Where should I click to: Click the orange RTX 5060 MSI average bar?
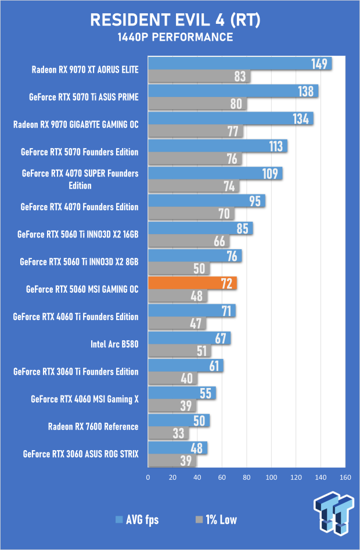[x=192, y=283]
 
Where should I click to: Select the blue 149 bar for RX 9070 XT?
[x=240, y=63]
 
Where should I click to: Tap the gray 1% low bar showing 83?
[x=199, y=76]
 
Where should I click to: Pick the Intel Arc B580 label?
[x=114, y=344]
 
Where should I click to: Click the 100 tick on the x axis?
[x=271, y=477]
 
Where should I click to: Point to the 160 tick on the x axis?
[x=345, y=477]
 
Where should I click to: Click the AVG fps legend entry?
[x=137, y=519]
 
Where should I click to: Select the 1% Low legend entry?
[x=216, y=519]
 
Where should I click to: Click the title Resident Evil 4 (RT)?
[x=175, y=20]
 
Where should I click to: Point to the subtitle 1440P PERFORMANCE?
[x=175, y=37]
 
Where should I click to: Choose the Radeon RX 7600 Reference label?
[x=93, y=426]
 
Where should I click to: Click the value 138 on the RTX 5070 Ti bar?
[x=305, y=91]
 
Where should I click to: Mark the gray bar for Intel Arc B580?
[x=179, y=351]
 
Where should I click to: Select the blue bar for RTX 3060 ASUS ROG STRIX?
[x=178, y=448]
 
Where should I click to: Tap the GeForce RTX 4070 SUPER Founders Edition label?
[x=80, y=179]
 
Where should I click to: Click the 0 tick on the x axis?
[x=148, y=477]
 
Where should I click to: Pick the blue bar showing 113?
[x=218, y=146]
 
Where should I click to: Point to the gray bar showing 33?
[x=168, y=433]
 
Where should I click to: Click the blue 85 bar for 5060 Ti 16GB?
[x=200, y=228]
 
